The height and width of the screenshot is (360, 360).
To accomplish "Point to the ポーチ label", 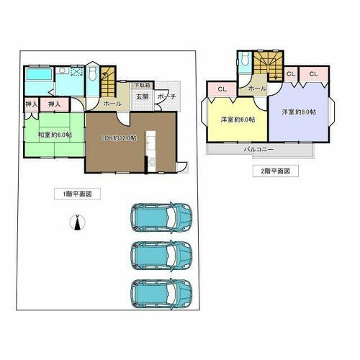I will click(166, 96).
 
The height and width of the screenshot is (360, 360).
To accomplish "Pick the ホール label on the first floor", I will click(112, 104).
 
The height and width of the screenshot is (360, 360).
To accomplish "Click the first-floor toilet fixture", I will click(92, 74).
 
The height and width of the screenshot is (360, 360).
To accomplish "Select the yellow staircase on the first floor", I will click(107, 80).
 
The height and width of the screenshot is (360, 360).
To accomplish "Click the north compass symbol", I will click(76, 225).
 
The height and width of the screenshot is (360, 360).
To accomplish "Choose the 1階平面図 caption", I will click(76, 194).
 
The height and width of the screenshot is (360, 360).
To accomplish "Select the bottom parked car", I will click(161, 293).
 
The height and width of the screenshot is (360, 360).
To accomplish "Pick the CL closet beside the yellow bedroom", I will click(220, 90).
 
